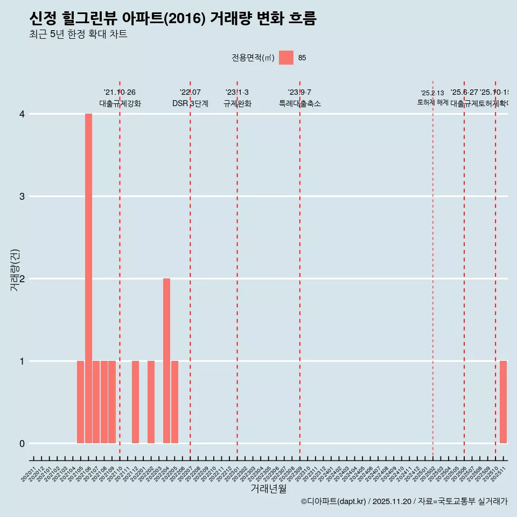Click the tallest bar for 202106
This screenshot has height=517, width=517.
pos(88,278)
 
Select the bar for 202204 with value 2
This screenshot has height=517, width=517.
pos(166,361)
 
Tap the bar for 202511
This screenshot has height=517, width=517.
pos(503,402)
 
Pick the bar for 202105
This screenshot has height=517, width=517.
pos(80,402)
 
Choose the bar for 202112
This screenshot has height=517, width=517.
pos(135,402)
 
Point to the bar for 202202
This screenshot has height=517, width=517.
pos(151,402)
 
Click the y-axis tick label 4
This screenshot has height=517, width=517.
pos(22,114)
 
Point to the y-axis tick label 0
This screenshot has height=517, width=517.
pos(22,443)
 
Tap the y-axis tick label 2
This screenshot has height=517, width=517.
pos(22,278)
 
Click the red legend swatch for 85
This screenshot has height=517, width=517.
pos(286,58)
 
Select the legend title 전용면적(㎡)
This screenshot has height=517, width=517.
pos(253,58)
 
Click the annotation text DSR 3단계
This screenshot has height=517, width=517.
pos(190,103)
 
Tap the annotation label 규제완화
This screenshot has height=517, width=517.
pos(237,103)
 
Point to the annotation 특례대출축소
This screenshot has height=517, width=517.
pos(299,103)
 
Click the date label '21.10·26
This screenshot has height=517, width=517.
pos(120,93)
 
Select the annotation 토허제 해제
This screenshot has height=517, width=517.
pos(432,102)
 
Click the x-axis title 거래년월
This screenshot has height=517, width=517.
pos(268,489)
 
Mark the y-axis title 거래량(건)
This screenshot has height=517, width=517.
pos(15,270)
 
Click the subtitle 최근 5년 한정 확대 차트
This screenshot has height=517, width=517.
pos(78,34)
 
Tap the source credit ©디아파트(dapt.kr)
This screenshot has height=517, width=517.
pos(333,501)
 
